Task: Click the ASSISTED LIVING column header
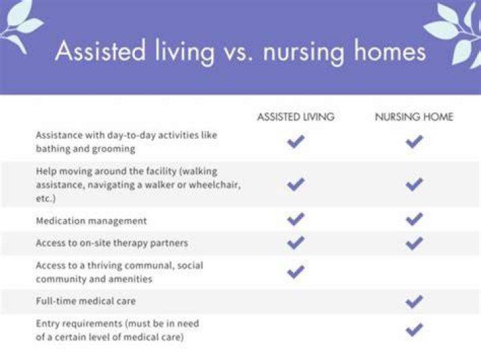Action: point(296,117)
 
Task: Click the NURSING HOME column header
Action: point(414,117)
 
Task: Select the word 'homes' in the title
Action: point(389,51)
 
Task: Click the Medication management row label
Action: point(92,221)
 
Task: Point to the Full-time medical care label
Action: point(86,301)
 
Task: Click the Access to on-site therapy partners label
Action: point(112,243)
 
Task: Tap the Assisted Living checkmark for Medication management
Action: point(296,219)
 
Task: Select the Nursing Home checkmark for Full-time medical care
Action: point(414,301)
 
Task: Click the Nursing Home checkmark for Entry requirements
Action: point(414,330)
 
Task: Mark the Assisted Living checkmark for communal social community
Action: point(296,272)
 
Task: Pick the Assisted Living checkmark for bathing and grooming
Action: point(296,142)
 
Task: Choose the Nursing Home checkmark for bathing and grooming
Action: point(414,142)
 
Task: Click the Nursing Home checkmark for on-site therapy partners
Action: point(414,243)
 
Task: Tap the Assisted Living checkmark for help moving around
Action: point(296,184)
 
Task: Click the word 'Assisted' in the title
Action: point(100,51)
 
